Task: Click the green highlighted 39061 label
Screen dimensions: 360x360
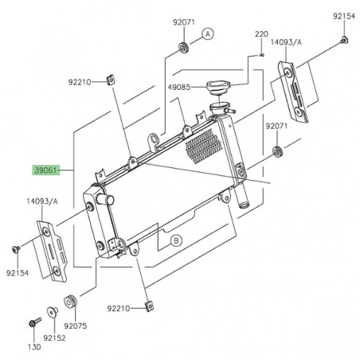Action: point(45,170)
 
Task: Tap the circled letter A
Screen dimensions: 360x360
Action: point(208,33)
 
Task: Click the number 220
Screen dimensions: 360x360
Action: point(261,34)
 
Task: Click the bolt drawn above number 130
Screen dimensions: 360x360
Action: point(33,324)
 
